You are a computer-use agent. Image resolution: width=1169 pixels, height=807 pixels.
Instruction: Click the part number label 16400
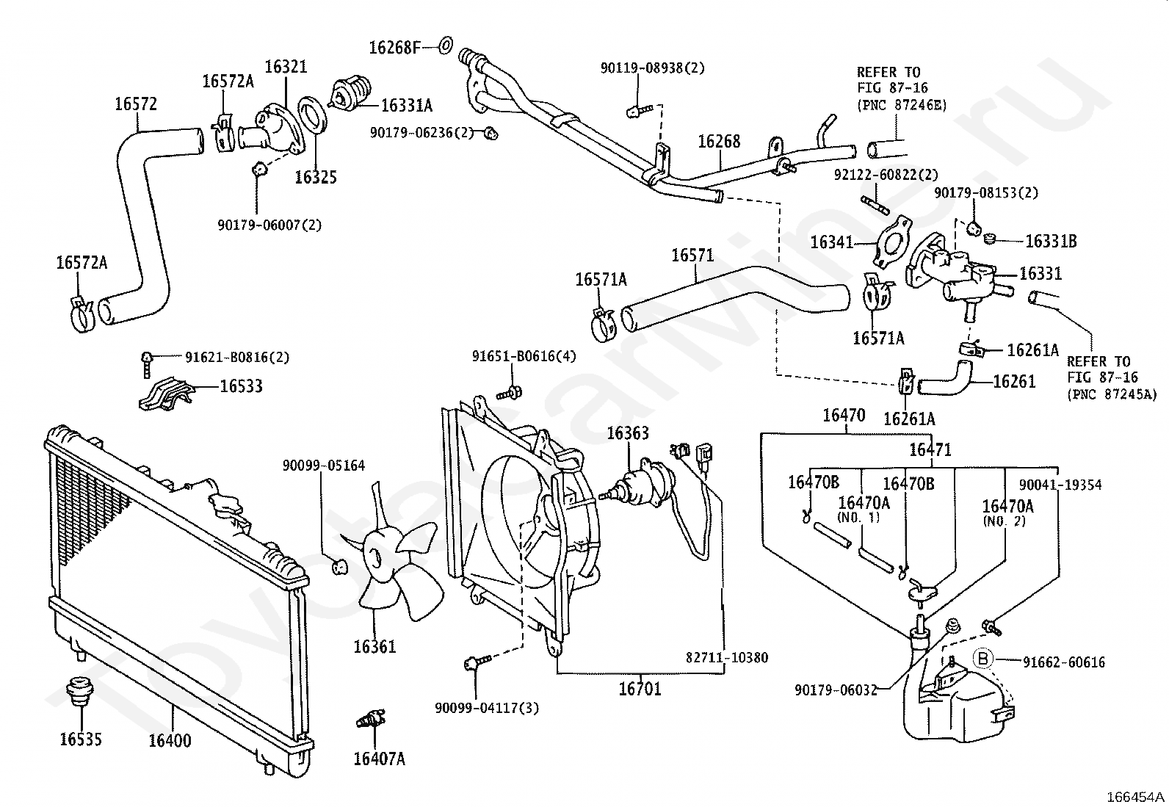coord(170,741)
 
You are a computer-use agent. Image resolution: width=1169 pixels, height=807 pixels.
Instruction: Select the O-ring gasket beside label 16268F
coord(445,46)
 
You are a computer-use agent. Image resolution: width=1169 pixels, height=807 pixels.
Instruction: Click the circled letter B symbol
coord(982,659)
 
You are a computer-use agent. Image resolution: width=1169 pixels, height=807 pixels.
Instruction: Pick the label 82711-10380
coord(727,658)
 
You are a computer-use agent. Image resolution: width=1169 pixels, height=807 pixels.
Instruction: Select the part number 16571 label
coord(692,256)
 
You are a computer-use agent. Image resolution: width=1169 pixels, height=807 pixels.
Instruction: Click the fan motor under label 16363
coord(640,482)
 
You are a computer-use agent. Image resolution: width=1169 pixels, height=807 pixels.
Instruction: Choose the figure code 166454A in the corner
coord(1134,797)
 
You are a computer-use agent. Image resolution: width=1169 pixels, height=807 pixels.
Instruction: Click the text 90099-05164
coord(324,466)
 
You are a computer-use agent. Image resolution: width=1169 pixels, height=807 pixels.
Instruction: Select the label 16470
coord(844,416)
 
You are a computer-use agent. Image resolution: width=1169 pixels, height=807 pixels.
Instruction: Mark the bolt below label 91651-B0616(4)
coord(510,393)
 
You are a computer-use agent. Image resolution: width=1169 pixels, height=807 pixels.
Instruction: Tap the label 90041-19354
coord(1060,485)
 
